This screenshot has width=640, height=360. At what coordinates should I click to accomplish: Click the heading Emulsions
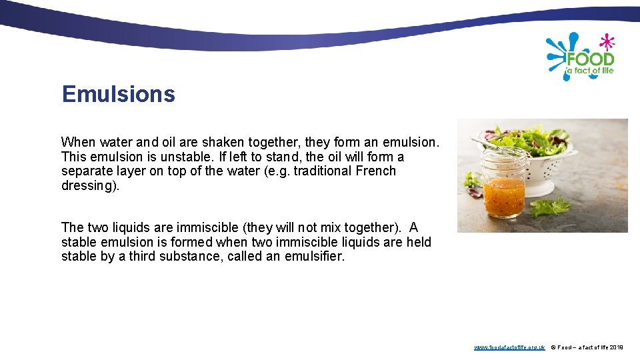click(118, 94)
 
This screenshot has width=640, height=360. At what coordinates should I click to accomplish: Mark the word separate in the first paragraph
click(86, 171)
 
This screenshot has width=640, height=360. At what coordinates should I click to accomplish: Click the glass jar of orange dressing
click(505, 187)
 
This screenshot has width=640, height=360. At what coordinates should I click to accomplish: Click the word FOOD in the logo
click(591, 59)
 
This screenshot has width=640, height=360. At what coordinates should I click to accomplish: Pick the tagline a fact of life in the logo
click(589, 71)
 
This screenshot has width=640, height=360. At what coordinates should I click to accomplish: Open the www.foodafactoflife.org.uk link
click(509, 347)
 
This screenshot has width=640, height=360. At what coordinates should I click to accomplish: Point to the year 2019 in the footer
click(616, 347)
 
